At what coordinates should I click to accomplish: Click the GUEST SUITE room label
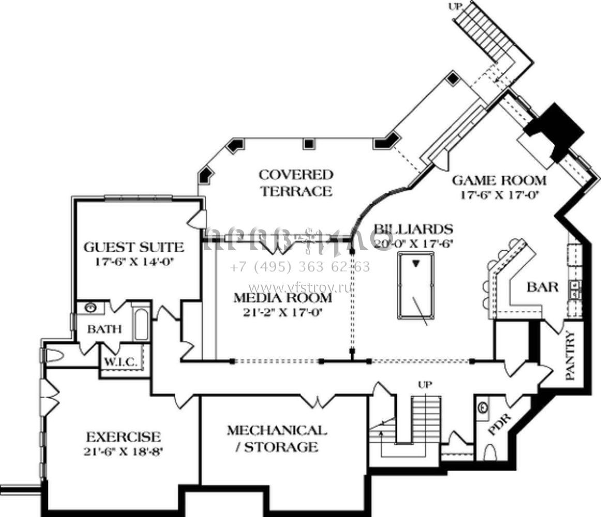(x=133, y=247)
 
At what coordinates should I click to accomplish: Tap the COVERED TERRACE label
(x=296, y=183)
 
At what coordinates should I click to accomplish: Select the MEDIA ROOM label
(x=282, y=298)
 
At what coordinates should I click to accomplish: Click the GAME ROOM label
(x=499, y=180)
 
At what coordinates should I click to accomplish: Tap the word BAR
(x=543, y=287)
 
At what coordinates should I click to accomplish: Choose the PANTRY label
(x=570, y=357)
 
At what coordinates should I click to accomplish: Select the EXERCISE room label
(x=123, y=436)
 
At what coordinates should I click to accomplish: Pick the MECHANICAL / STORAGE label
(x=277, y=438)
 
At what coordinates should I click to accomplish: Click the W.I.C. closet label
(x=121, y=362)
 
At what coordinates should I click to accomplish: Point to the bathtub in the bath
(x=141, y=324)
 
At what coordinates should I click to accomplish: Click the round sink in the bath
(x=91, y=308)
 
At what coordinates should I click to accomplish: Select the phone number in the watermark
(x=299, y=267)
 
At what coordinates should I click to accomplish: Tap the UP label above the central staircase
(x=426, y=384)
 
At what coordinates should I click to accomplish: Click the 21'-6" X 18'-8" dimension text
(x=123, y=451)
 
